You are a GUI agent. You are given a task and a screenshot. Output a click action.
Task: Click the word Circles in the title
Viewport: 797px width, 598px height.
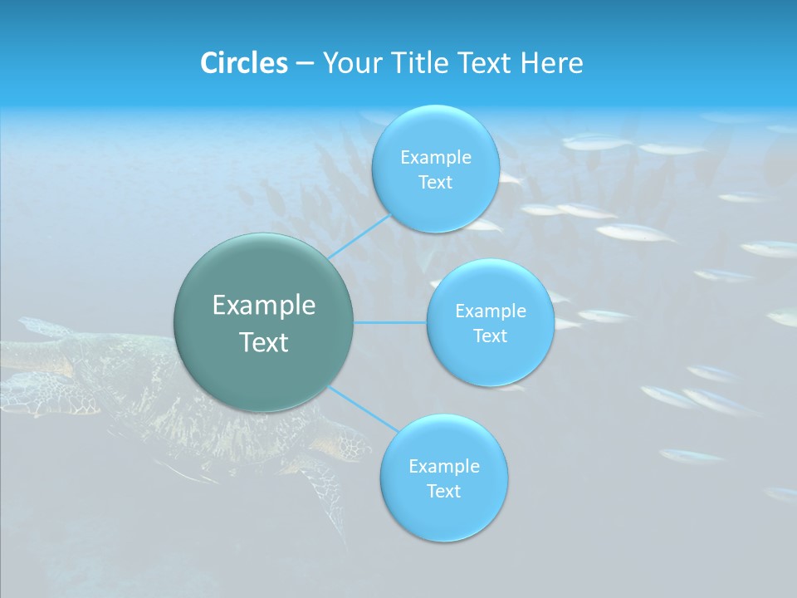(244, 63)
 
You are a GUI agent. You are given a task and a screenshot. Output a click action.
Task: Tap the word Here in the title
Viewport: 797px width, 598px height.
(552, 63)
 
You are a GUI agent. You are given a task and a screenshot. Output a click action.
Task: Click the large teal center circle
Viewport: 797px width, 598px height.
(264, 374)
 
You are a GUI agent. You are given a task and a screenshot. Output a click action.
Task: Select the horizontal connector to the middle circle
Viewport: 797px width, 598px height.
(390, 322)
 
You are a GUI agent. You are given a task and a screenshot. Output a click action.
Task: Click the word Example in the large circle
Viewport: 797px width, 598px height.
(264, 306)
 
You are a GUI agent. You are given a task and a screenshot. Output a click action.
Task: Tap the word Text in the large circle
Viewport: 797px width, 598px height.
(264, 342)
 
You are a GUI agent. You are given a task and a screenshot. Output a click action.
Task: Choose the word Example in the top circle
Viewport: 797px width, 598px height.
(436, 158)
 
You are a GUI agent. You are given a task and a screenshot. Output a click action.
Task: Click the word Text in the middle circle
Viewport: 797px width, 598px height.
(490, 336)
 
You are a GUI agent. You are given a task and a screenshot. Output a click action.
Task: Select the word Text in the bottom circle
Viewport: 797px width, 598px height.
(443, 492)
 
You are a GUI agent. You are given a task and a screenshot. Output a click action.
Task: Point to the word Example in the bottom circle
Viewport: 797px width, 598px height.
(443, 467)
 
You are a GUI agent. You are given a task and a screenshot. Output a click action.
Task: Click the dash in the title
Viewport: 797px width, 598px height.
(305, 63)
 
